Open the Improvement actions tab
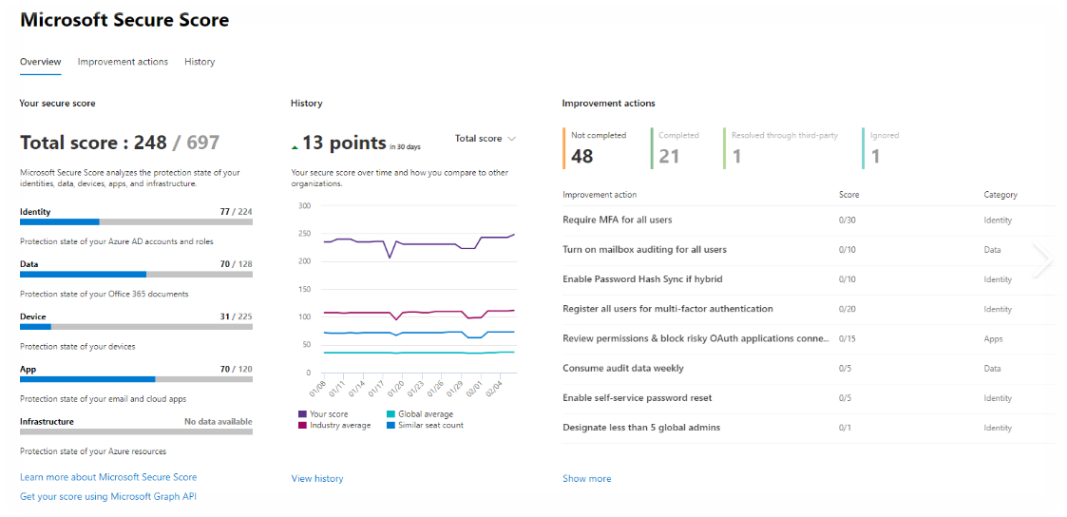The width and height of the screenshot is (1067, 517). tap(123, 62)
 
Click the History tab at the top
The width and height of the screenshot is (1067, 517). tap(200, 62)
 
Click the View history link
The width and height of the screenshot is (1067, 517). tap(317, 479)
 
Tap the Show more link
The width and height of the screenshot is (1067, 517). tap(587, 479)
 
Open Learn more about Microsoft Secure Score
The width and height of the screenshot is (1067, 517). tap(108, 477)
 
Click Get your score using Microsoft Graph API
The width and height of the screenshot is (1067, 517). tap(108, 497)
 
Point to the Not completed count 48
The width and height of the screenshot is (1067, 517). tap(582, 157)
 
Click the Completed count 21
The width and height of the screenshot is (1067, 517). tap(669, 157)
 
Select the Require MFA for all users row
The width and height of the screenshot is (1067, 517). tap(618, 220)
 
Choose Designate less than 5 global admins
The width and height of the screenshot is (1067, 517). tap(641, 428)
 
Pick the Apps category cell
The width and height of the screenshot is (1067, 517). tap(993, 338)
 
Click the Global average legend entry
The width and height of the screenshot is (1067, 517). tap(426, 414)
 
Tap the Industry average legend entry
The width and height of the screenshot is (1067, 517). tap(340, 425)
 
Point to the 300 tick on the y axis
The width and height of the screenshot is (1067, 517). tap(305, 205)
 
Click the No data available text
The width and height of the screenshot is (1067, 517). tap(218, 422)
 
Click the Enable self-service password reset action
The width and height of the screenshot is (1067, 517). tap(638, 398)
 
